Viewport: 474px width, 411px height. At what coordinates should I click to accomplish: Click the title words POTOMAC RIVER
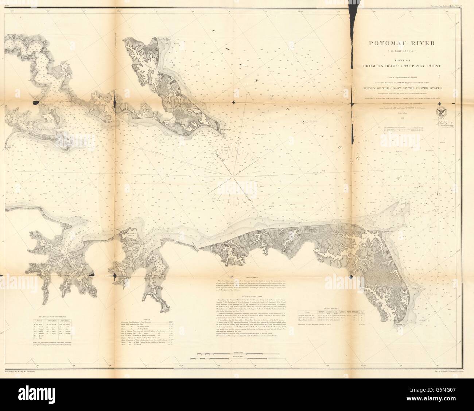(402, 43)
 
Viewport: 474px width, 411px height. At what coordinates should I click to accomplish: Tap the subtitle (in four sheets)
(402, 50)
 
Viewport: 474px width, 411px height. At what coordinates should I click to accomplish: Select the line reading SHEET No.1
(402, 60)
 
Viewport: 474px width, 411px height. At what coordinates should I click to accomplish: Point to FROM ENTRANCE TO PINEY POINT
(402, 66)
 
